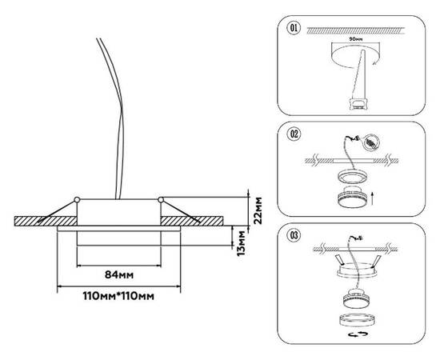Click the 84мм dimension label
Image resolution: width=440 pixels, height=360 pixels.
coord(119,274)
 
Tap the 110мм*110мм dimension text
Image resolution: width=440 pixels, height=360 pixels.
coord(118,296)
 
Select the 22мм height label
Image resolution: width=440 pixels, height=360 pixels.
coord(258,210)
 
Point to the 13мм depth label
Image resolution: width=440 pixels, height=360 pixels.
coord(241,243)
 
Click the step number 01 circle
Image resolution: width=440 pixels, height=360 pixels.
coord(294,28)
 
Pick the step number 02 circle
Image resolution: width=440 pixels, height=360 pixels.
coord(294,134)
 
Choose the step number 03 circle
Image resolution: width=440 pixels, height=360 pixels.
coord(294,235)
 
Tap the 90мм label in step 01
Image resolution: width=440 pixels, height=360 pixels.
coord(355,39)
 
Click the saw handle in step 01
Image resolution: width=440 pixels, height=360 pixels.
coord(358,103)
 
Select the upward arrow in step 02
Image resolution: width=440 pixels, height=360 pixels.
coord(372,198)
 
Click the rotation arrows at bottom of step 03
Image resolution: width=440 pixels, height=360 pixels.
coord(358,334)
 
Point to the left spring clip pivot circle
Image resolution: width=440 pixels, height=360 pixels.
coord(77,200)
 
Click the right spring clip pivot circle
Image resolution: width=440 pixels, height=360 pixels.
coord(161,200)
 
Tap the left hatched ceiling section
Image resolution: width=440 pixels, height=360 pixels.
coord(46,221)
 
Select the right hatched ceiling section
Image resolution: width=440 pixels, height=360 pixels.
coord(192,221)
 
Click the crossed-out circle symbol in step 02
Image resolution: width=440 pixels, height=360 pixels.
coord(371,142)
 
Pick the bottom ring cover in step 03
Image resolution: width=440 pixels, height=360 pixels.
coord(357,321)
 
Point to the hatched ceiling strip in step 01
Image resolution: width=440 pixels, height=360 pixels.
coord(356,30)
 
